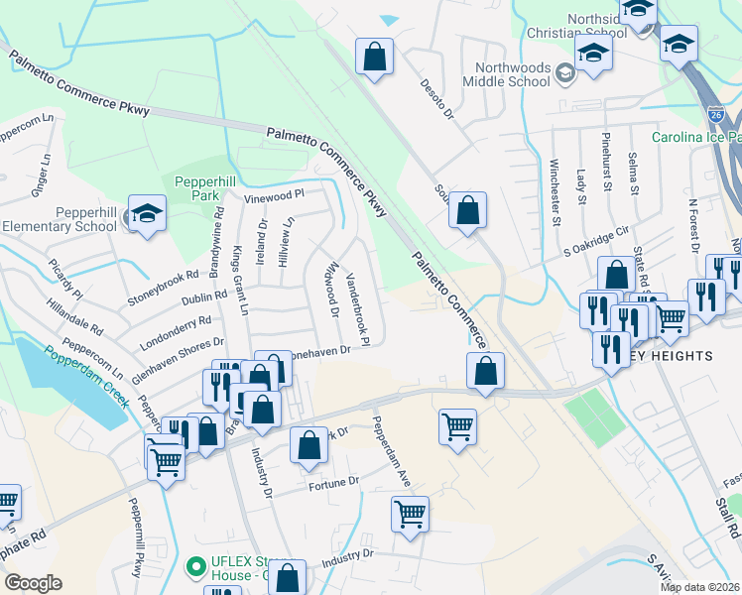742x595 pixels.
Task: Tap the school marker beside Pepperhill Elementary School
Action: click(x=147, y=214)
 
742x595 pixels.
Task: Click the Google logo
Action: click(x=32, y=583)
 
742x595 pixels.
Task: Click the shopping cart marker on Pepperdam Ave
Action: click(x=410, y=515)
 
